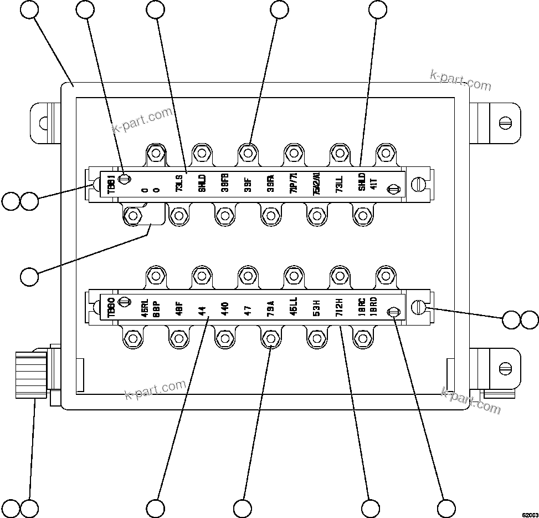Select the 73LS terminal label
[179, 183]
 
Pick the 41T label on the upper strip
[374, 183]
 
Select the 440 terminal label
[225, 308]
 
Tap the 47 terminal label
[248, 308]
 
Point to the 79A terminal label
[270, 307]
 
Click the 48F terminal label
[179, 308]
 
